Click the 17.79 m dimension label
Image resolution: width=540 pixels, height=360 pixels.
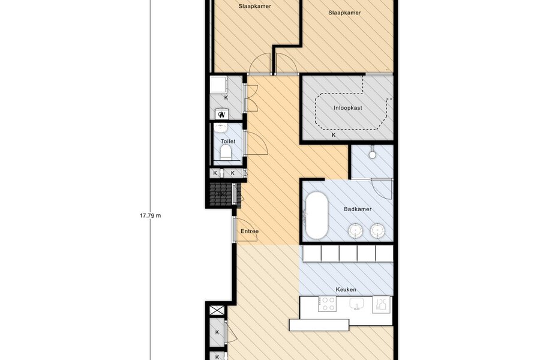click(150, 215)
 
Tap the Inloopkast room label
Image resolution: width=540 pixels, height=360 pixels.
click(347, 108)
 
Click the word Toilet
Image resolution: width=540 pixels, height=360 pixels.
click(228, 141)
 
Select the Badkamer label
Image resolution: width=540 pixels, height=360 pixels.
click(358, 209)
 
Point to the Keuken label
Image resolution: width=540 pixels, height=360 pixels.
click(346, 289)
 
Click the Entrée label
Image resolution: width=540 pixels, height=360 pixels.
click(250, 231)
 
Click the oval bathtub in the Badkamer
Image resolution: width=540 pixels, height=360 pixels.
click(317, 215)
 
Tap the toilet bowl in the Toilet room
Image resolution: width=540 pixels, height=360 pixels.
click(226, 152)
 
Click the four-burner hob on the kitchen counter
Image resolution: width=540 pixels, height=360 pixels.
click(327, 304)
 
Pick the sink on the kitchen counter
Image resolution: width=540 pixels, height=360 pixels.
click(357, 304)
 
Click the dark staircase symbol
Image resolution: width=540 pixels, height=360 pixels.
click(221, 194)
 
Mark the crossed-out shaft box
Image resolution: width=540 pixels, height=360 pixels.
click(217, 310)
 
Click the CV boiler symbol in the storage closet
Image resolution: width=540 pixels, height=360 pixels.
click(221, 115)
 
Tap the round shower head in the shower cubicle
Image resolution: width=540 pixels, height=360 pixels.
click(372, 155)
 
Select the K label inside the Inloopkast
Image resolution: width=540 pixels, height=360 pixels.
click(334, 136)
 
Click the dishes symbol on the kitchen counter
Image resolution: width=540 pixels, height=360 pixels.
click(381, 305)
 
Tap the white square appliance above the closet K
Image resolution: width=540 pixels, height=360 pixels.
click(218, 85)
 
